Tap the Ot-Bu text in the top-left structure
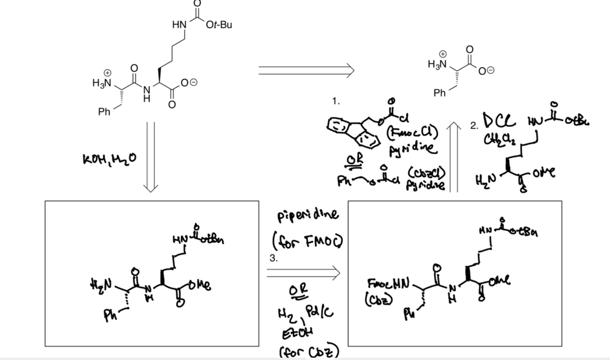click(219, 25)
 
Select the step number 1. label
click(336, 101)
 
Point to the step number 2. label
click(474, 126)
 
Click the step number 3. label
click(273, 258)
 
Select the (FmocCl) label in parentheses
click(412, 133)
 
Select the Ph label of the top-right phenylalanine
click(439, 93)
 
